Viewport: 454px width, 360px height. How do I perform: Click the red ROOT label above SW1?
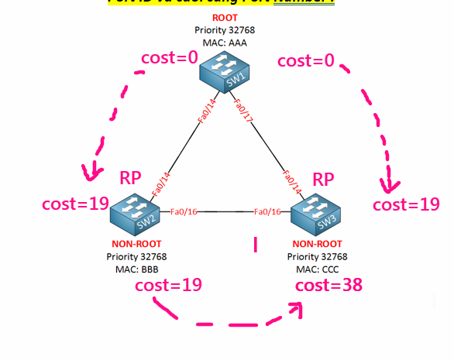click(225, 18)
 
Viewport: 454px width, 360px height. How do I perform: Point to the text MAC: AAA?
click(225, 43)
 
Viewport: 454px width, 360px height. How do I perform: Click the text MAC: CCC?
click(317, 268)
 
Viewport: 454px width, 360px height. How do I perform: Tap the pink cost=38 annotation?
click(329, 285)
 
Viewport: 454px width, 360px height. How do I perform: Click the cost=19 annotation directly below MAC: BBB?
click(168, 285)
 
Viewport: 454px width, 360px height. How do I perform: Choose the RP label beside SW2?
click(130, 178)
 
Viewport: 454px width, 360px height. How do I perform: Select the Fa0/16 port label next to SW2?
click(184, 211)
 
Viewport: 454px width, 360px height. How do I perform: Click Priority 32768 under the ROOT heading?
click(225, 30)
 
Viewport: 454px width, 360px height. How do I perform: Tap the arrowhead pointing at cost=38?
click(295, 310)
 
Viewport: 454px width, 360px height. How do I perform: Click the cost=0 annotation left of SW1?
click(170, 58)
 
